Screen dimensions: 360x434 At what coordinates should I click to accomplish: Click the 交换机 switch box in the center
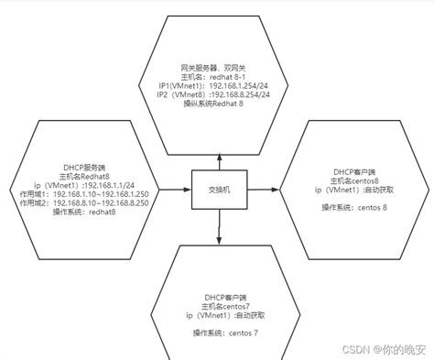pos(218,190)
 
